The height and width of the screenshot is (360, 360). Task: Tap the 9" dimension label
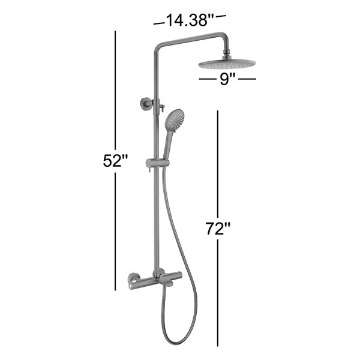[x=224, y=79]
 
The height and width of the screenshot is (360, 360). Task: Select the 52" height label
[x=115, y=161]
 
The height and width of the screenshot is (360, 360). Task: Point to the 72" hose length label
[x=218, y=229]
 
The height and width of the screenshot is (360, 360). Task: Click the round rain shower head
[x=227, y=64]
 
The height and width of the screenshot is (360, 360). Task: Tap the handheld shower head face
[x=175, y=120]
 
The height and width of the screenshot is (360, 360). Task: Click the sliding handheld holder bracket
[x=157, y=163]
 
